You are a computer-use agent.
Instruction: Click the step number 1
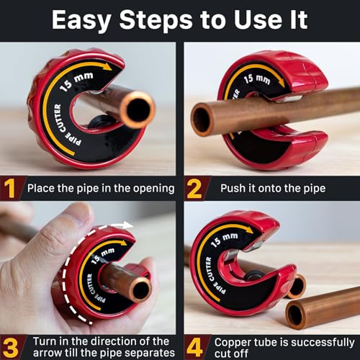coord(10,189)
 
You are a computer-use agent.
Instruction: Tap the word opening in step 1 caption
coord(149,189)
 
